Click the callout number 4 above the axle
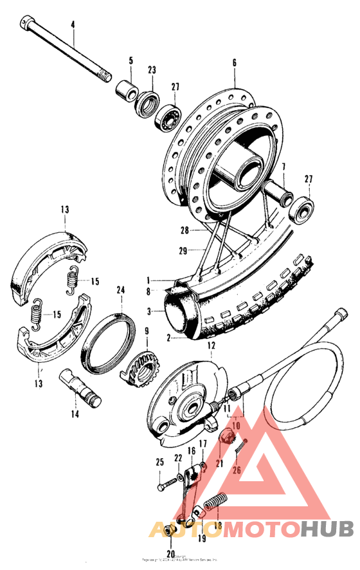point(73,24)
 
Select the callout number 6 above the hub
point(235,62)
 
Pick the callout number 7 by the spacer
point(282,167)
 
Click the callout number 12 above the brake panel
point(210,345)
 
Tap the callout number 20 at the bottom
point(170,553)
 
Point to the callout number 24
point(120,290)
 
